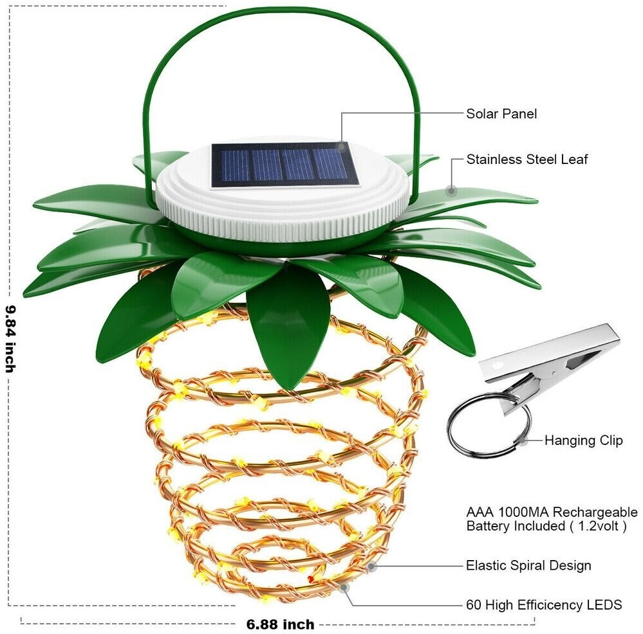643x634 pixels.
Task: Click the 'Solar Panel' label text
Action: click(x=501, y=114)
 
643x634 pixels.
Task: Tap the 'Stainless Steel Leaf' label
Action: click(x=527, y=159)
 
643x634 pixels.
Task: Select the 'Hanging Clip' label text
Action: click(x=583, y=440)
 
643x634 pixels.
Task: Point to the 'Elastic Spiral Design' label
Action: click(x=528, y=566)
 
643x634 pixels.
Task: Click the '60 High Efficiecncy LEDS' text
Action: click(x=543, y=604)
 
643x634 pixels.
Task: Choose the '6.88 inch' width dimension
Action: click(x=280, y=624)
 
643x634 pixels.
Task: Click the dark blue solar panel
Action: click(x=284, y=164)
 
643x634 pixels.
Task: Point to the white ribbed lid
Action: click(x=283, y=206)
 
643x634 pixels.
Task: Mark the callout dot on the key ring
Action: click(x=526, y=440)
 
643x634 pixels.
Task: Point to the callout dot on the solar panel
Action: click(x=341, y=147)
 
